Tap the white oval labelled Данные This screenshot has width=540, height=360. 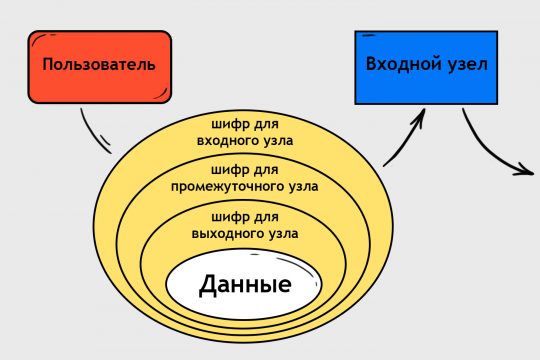click(x=245, y=284)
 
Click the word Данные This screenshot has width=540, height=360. click(x=245, y=285)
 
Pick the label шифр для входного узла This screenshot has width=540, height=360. click(x=245, y=132)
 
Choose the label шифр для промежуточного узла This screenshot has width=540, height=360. click(x=245, y=176)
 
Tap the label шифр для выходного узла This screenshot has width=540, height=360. click(x=245, y=225)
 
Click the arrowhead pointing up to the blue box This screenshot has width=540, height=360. click(x=419, y=115)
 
